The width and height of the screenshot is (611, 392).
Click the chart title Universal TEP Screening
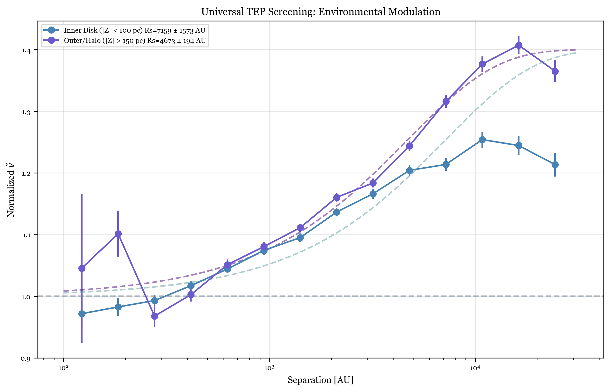pyautogui.click(x=321, y=12)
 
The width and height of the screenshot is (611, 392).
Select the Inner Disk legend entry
pyautogui.click(x=134, y=30)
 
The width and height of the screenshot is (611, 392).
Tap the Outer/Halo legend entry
pyautogui.click(x=135, y=41)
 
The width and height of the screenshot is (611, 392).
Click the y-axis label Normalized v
pyautogui.click(x=11, y=190)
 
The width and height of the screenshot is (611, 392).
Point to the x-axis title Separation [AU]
pyautogui.click(x=321, y=380)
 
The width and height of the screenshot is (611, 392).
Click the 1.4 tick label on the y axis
pyautogui.click(x=26, y=50)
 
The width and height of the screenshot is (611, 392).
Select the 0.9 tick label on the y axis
pyautogui.click(x=26, y=359)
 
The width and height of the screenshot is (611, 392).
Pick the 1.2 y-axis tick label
pyautogui.click(x=26, y=174)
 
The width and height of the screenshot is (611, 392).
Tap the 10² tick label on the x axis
pyautogui.click(x=64, y=368)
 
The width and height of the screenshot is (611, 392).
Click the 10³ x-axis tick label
pyautogui.click(x=269, y=368)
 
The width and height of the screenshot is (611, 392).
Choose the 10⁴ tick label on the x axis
pyautogui.click(x=475, y=368)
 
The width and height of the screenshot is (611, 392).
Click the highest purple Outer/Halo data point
pyautogui.click(x=519, y=45)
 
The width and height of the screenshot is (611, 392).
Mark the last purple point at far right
pyautogui.click(x=555, y=71)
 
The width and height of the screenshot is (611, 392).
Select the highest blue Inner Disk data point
pyautogui.click(x=482, y=140)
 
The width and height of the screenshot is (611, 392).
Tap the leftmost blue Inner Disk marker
pyautogui.click(x=82, y=314)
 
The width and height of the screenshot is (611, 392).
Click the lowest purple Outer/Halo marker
pyautogui.click(x=155, y=316)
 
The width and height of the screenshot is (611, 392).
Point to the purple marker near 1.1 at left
pyautogui.click(x=118, y=234)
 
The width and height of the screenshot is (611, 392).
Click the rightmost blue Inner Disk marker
pyautogui.click(x=555, y=165)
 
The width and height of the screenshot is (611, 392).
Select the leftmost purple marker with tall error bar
pyautogui.click(x=82, y=268)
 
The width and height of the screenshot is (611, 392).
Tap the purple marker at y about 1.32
pyautogui.click(x=446, y=102)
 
